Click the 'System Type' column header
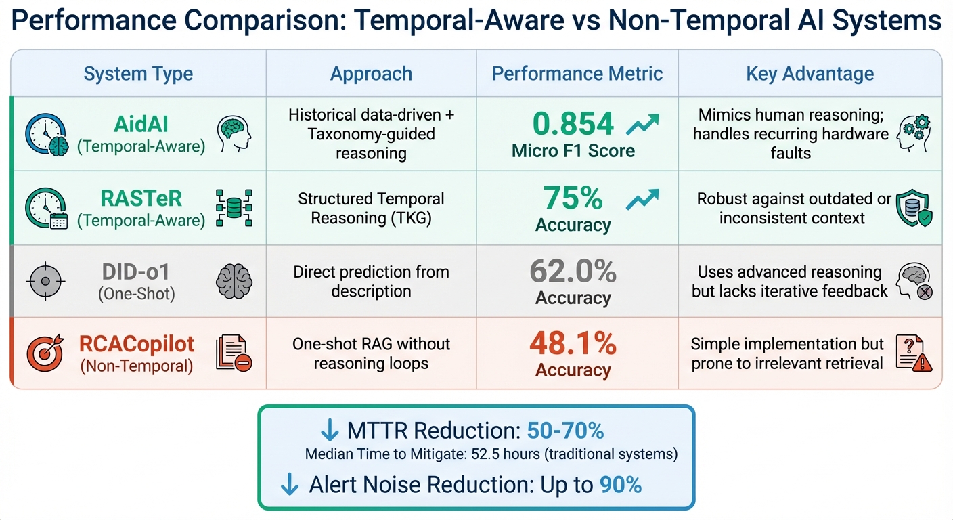tap(138, 74)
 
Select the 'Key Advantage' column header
tap(810, 74)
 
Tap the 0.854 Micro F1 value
tap(573, 124)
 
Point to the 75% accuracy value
tap(573, 198)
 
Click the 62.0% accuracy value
tap(573, 272)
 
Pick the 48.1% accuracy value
tap(573, 344)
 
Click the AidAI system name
tap(141, 125)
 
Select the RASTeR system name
tap(141, 198)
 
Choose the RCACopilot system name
tap(137, 344)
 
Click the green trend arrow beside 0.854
tap(642, 125)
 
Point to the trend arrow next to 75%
tap(642, 198)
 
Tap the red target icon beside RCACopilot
tap(45, 352)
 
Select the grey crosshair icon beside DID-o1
tap(45, 280)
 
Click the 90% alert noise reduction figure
tap(621, 485)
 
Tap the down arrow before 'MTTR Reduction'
tap(330, 431)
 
